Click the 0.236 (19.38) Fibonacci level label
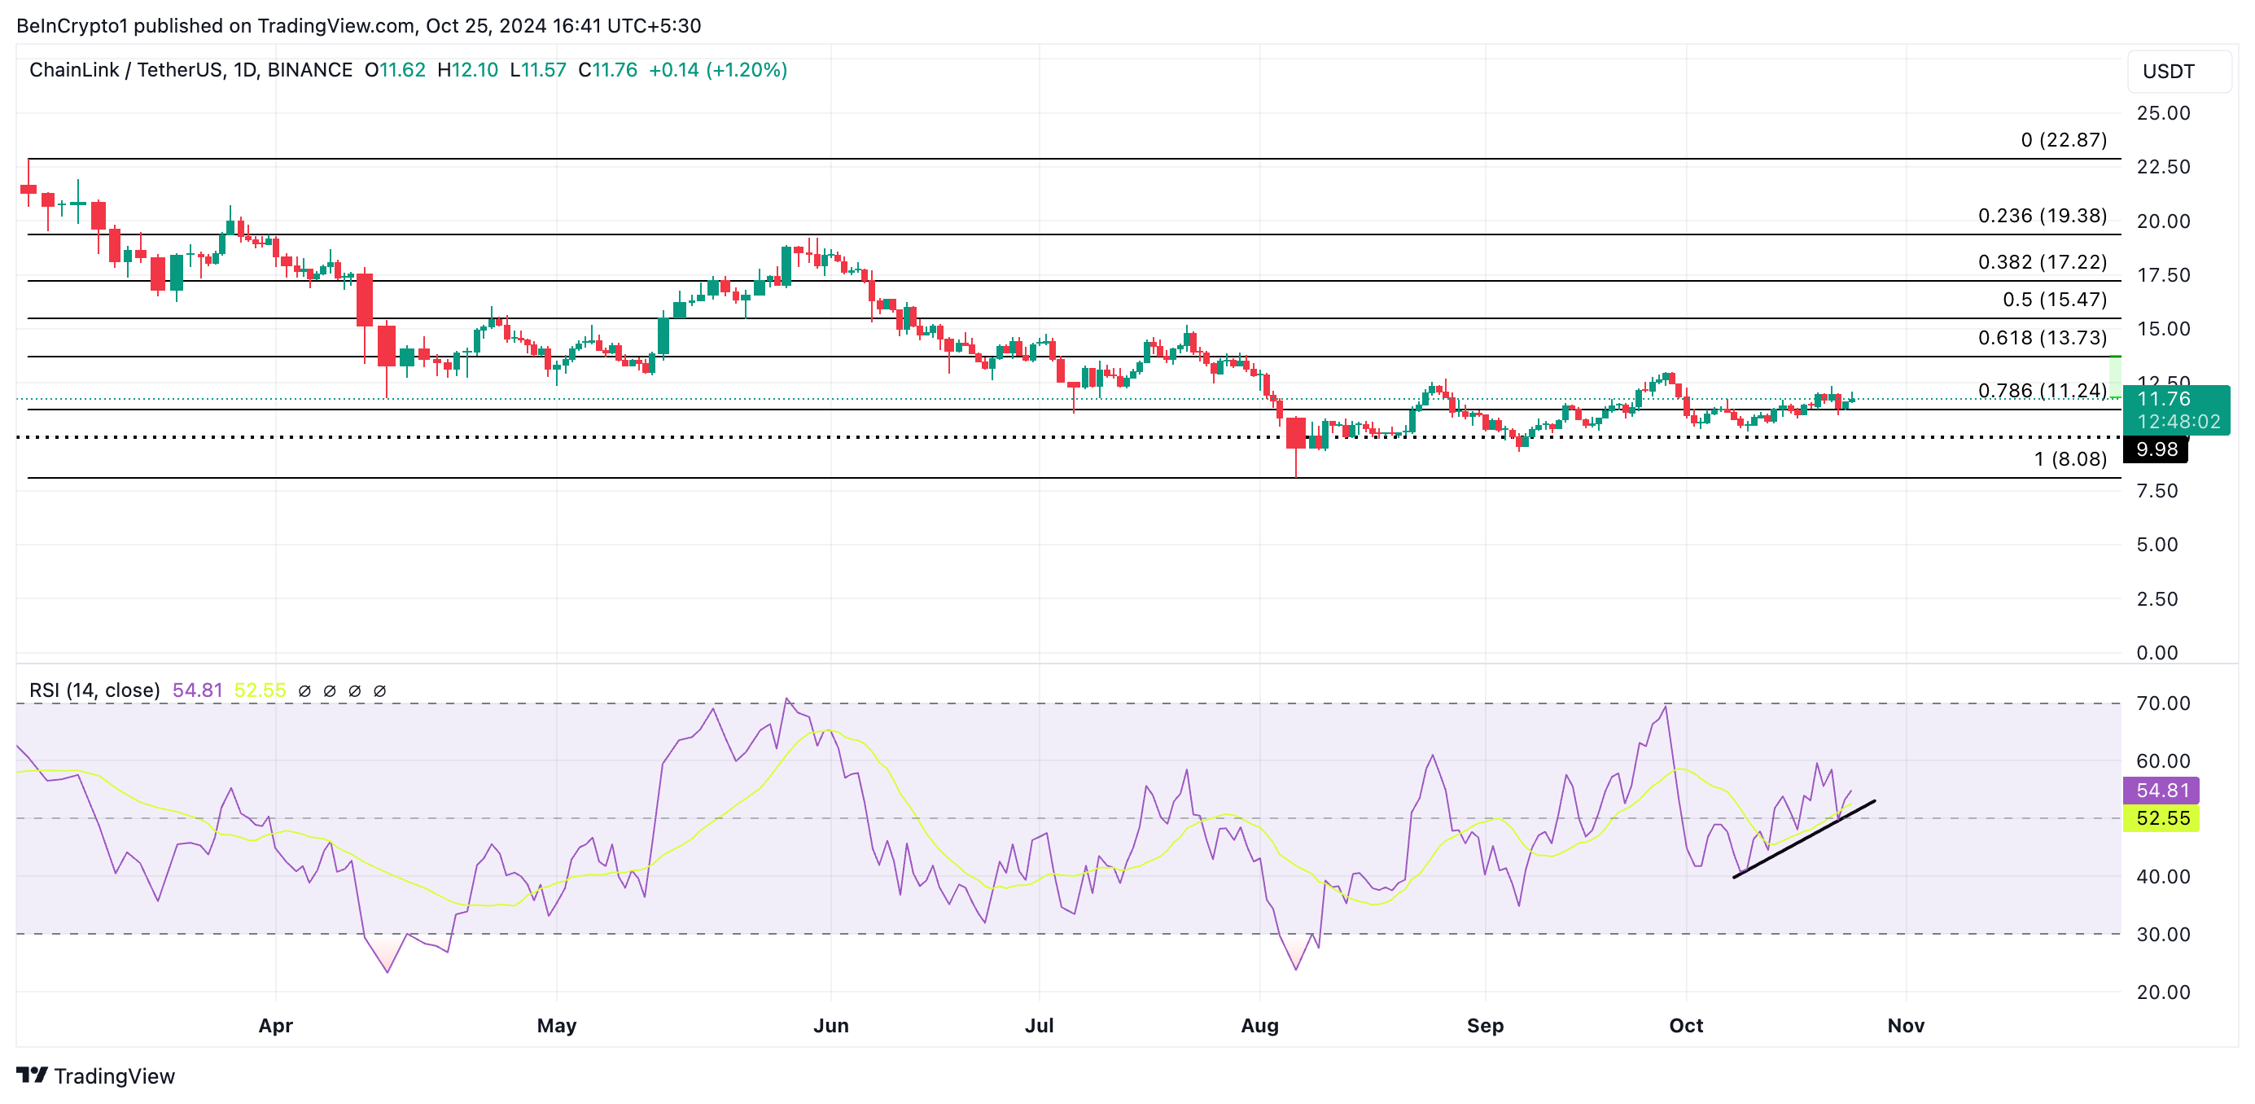[2042, 216]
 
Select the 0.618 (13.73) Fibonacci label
[2042, 337]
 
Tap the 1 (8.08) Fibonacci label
[2069, 458]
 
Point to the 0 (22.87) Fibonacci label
[2064, 140]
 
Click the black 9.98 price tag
[2156, 449]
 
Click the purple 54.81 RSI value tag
[2161, 790]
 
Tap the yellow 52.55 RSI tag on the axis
[2161, 817]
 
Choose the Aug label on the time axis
[1259, 1025]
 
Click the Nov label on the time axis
[1905, 1025]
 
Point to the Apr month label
[275, 1025]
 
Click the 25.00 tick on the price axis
[2162, 113]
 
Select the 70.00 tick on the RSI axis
[2162, 703]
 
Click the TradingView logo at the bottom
[95, 1076]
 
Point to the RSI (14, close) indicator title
[94, 690]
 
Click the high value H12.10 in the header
[467, 70]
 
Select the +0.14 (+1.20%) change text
[717, 70]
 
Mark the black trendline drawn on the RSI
[1803, 839]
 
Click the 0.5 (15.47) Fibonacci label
[2054, 300]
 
